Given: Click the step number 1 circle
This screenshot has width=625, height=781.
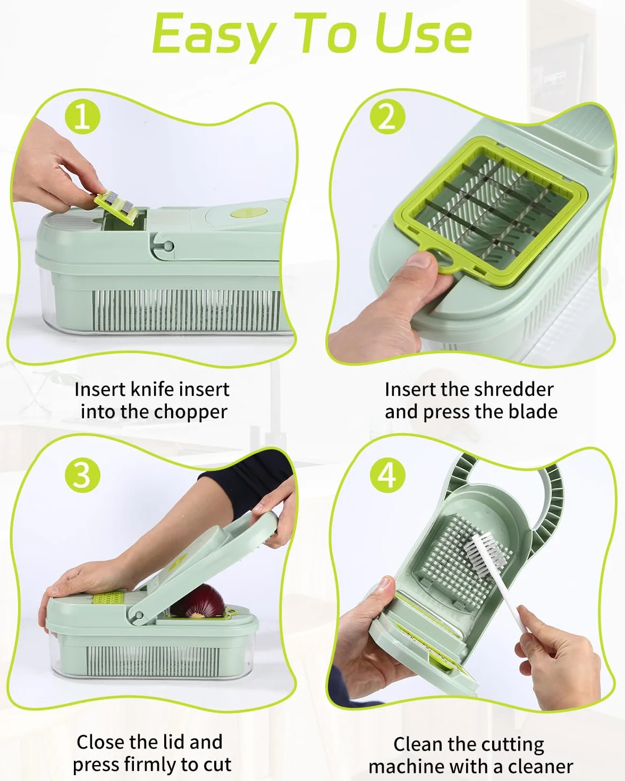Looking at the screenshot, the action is click(82, 117).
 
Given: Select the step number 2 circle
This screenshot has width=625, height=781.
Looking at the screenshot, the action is click(387, 117).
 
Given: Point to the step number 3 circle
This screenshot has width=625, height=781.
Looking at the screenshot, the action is click(82, 475).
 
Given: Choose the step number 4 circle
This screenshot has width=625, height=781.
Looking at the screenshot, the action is click(387, 475).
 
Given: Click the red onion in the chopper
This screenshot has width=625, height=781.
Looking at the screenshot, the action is click(198, 602).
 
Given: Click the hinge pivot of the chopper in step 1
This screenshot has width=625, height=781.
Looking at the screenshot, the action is click(167, 247).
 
